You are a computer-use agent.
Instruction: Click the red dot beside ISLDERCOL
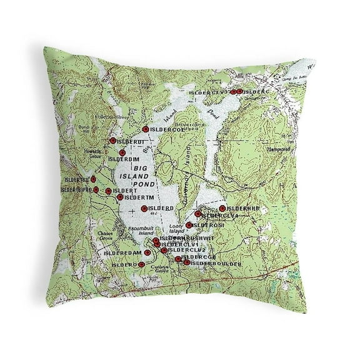point(146,129)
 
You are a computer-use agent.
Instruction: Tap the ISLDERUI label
point(128,141)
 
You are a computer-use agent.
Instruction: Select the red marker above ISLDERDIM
point(113,141)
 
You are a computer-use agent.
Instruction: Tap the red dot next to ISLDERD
point(144,208)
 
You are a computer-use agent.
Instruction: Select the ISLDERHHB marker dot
point(222,208)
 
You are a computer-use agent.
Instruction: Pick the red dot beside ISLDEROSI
point(189,225)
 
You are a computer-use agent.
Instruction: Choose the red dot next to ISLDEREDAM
point(147,252)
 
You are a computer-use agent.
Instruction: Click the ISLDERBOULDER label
point(216,263)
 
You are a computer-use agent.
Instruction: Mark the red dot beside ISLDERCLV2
point(164,251)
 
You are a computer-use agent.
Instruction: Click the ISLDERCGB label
point(198,257)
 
